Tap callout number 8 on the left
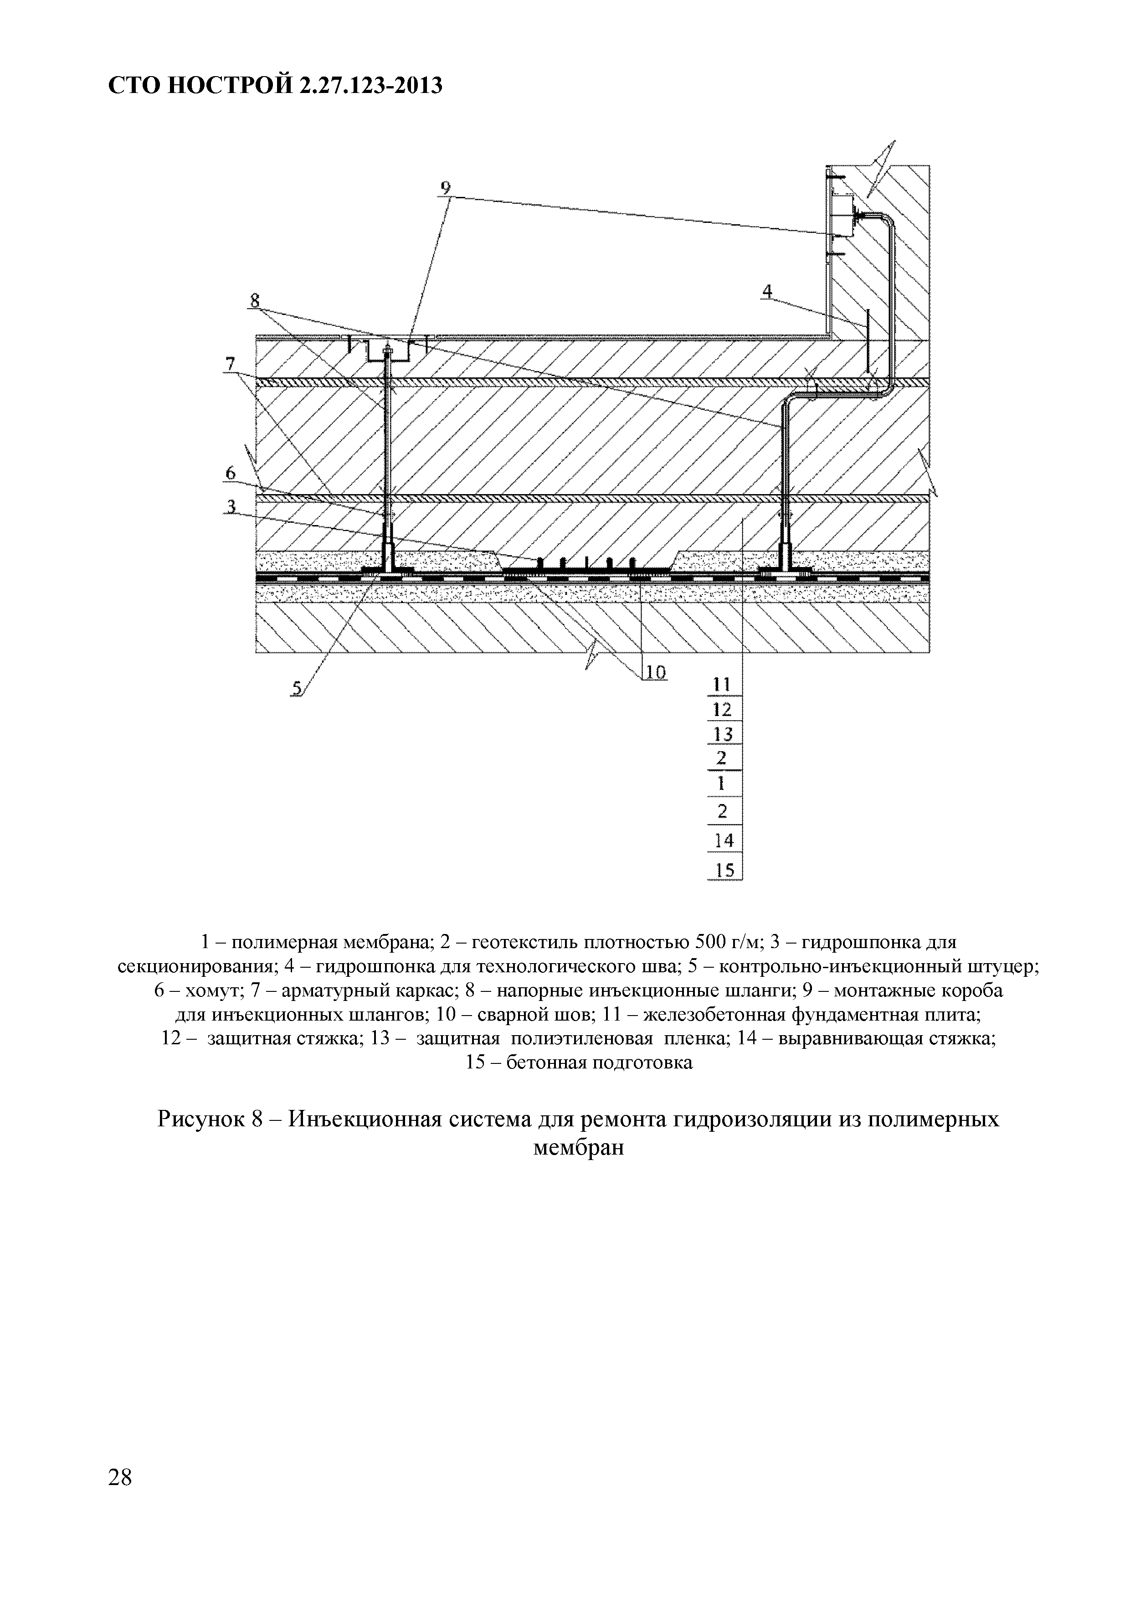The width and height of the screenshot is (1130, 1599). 254,300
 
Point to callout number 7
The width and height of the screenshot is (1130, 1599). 231,364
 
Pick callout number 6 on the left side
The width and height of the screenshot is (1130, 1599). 231,472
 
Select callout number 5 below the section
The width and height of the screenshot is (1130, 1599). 297,689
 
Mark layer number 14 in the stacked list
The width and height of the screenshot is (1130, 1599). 724,841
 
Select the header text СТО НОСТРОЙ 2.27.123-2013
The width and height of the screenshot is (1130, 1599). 276,86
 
